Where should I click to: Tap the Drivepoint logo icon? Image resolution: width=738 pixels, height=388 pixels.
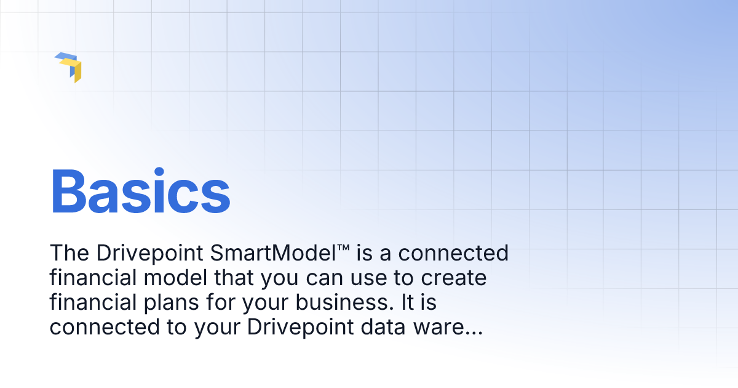68,67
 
